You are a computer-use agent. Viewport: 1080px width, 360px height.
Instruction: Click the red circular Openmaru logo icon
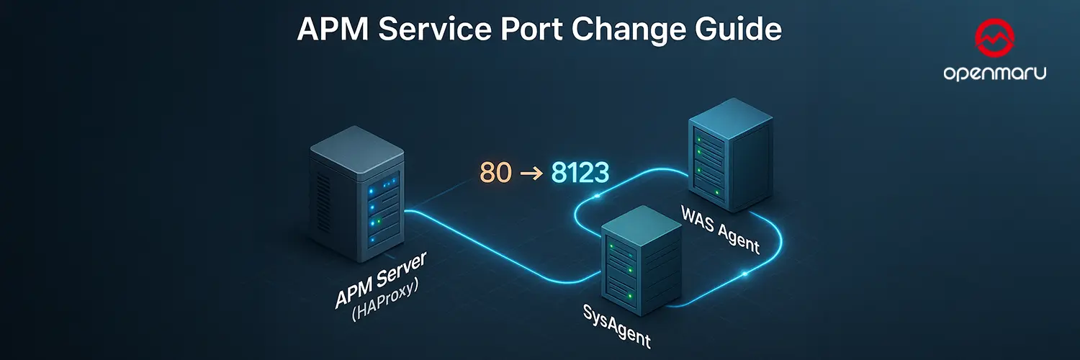(994, 41)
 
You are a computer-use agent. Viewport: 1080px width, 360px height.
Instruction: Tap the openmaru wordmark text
(994, 74)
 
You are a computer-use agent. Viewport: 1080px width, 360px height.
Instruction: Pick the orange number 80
(495, 172)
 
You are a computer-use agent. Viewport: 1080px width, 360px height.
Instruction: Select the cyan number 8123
(580, 172)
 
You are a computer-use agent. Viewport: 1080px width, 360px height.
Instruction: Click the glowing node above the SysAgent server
(597, 196)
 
